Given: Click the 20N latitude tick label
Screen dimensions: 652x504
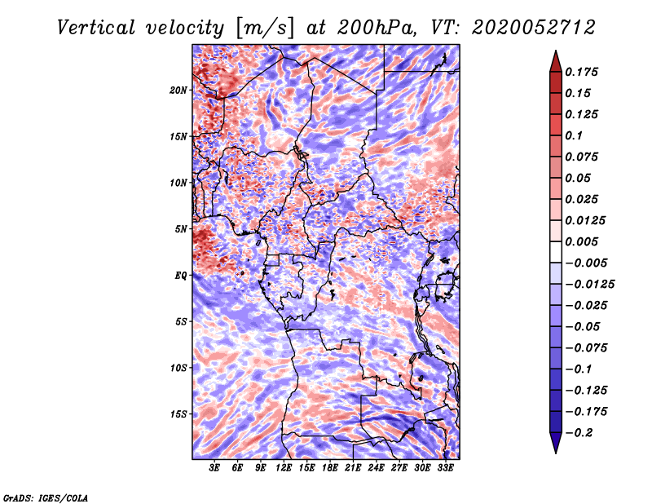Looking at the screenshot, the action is point(178,91).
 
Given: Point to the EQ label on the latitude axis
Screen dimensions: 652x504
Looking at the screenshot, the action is point(181,276).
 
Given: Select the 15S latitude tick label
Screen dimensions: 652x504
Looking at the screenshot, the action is point(178,414).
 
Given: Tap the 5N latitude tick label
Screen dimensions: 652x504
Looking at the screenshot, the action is point(181,229).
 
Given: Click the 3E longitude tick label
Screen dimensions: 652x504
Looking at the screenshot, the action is point(214,468).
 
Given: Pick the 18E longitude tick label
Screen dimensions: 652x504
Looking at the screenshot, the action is point(330,468).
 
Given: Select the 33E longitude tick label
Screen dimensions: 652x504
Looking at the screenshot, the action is point(445,468).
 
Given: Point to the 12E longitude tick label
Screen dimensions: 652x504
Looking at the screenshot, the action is point(284,468).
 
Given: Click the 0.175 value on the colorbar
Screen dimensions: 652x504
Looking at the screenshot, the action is point(581,72).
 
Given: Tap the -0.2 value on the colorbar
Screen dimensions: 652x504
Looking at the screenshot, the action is point(579,433).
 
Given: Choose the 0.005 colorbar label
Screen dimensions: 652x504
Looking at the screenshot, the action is point(581,241).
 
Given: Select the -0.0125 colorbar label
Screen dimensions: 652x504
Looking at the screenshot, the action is point(589,285).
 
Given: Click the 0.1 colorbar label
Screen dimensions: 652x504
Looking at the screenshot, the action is point(574,135).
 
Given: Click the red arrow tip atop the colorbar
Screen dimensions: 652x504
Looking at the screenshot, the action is point(556,51).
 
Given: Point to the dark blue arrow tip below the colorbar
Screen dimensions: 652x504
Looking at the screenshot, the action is point(556,453).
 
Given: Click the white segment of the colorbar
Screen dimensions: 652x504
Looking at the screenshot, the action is point(556,252).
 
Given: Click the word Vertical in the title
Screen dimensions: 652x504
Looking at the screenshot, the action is point(96,28).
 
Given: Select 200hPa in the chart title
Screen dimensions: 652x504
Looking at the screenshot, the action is point(376,28).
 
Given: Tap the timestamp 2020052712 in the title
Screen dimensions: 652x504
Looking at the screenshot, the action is point(533,28).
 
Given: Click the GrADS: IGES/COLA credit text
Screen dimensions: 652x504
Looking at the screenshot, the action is point(46,498).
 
